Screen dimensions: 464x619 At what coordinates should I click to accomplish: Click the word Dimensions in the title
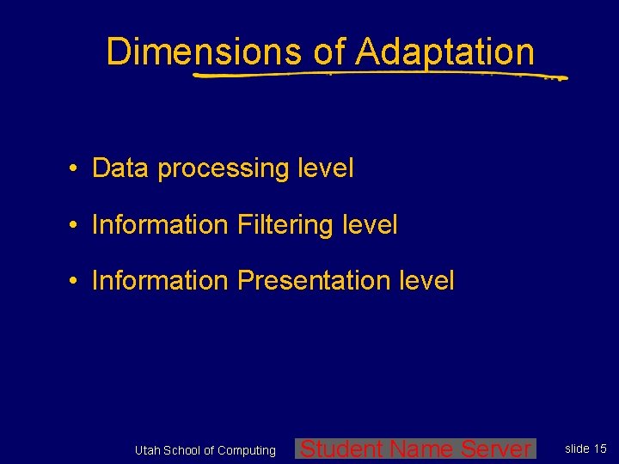(203, 52)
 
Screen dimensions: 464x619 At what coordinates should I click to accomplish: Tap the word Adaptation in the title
(444, 52)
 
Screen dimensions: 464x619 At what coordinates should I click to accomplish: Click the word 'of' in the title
(329, 52)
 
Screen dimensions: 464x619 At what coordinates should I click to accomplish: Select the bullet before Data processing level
(76, 169)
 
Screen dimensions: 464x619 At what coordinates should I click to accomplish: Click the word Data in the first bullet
(120, 168)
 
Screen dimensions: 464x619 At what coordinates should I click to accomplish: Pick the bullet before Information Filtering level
(76, 226)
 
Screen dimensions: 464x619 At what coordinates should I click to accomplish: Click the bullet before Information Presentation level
(76, 282)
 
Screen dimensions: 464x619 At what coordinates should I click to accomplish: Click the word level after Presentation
(426, 281)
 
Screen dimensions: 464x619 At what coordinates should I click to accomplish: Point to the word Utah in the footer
(147, 450)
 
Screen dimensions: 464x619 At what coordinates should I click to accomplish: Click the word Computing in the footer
(247, 450)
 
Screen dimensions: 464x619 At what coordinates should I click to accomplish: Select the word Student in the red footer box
(342, 449)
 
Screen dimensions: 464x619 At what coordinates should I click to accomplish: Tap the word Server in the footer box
(496, 449)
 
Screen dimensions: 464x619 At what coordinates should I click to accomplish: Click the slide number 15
(600, 449)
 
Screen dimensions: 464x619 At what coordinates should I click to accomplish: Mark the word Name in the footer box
(422, 449)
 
